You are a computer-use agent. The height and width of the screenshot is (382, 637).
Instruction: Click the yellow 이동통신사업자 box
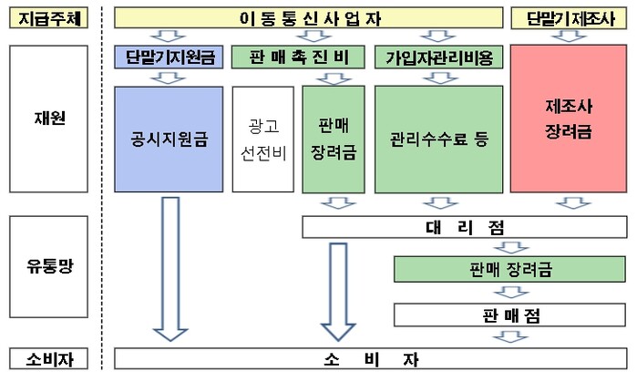pyautogui.click(x=308, y=18)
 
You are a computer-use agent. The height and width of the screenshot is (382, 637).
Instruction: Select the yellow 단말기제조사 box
pyautogui.click(x=569, y=18)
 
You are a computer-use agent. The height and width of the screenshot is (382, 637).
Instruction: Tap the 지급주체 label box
pyautogui.click(x=48, y=18)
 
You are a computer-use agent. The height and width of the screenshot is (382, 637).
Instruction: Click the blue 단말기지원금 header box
pyautogui.click(x=169, y=57)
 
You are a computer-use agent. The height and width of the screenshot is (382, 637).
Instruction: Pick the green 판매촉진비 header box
pyautogui.click(x=298, y=57)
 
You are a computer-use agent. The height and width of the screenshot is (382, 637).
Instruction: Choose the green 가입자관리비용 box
pyautogui.click(x=438, y=57)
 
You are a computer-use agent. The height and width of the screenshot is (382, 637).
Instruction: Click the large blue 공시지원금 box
pyautogui.click(x=169, y=139)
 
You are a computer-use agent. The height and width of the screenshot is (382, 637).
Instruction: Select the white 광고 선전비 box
pyautogui.click(x=262, y=139)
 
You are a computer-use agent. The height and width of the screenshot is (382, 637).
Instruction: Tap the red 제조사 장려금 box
pyautogui.click(x=569, y=119)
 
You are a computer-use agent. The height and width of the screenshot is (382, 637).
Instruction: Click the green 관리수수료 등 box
pyautogui.click(x=438, y=139)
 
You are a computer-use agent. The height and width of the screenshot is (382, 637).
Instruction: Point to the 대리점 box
pyautogui.click(x=465, y=227)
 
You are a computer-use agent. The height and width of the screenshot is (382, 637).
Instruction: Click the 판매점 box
pyautogui.click(x=509, y=315)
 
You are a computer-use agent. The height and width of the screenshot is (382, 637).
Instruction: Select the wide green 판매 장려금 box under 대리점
pyautogui.click(x=509, y=269)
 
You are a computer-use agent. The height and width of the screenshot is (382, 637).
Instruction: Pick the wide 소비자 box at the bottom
pyautogui.click(x=371, y=358)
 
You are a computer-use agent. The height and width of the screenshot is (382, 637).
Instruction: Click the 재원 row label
pyautogui.click(x=48, y=119)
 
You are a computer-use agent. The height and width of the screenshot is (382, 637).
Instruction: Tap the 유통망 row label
pyautogui.click(x=48, y=266)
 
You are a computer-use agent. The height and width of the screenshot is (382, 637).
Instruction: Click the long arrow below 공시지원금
pyautogui.click(x=170, y=269)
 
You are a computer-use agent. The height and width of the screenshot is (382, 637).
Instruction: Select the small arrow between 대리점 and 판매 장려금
pyautogui.click(x=511, y=247)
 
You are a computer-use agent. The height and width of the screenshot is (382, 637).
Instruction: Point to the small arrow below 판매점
pyautogui.click(x=511, y=336)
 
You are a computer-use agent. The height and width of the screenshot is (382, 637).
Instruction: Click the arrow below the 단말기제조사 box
pyautogui.click(x=569, y=36)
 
